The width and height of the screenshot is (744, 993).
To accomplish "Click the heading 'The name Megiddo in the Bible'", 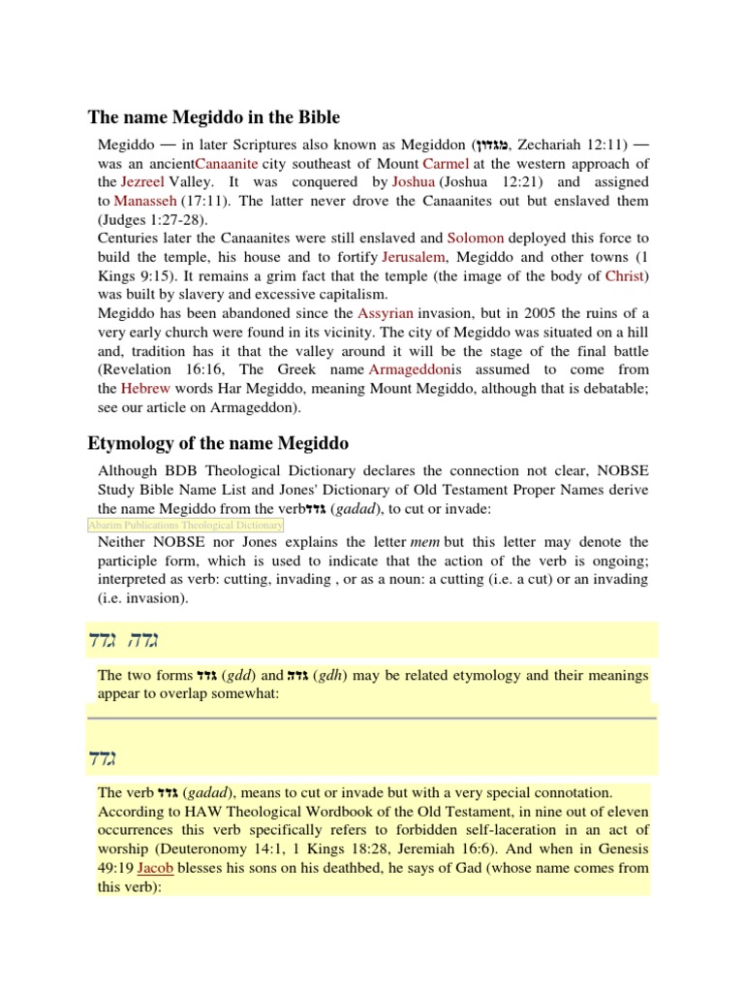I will [214, 117].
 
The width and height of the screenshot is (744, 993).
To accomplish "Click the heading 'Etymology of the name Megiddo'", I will [218, 444].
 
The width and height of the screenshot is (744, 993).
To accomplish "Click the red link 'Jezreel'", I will [142, 181].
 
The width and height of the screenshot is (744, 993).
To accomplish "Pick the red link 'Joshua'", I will [414, 181].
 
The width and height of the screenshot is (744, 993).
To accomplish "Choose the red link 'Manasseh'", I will [145, 201].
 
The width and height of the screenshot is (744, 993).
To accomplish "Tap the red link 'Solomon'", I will [477, 238].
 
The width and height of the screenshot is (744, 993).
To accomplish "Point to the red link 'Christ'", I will [625, 275].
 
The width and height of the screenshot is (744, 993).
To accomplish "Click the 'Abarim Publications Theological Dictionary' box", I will [185, 525].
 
